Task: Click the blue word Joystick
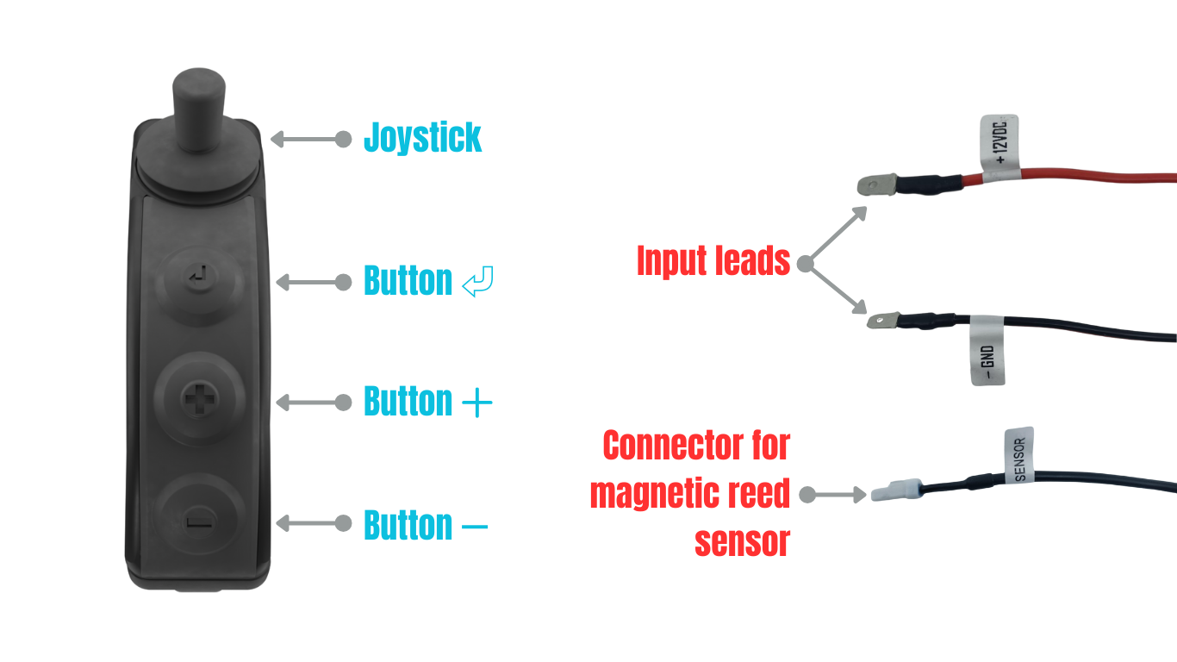(x=422, y=138)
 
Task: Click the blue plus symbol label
(x=476, y=403)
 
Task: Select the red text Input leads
(x=713, y=261)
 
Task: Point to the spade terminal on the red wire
(x=879, y=184)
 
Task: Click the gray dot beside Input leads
(x=806, y=264)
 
